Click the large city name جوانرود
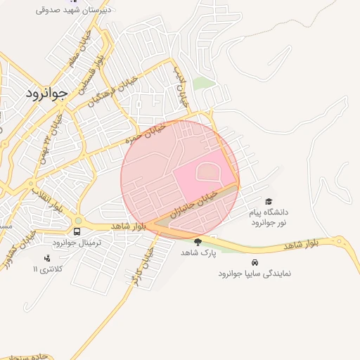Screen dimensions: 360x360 pyautogui.click(x=46, y=94)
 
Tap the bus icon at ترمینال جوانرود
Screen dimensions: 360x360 pyautogui.click(x=77, y=231)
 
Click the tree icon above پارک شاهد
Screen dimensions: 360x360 pyautogui.click(x=197, y=242)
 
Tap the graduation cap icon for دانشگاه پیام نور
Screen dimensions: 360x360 pyautogui.click(x=268, y=202)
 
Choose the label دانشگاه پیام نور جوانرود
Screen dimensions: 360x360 pyautogui.click(x=269, y=217)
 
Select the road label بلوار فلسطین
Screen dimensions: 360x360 pyautogui.click(x=95, y=72)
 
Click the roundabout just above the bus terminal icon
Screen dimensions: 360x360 pyautogui.click(x=77, y=219)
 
